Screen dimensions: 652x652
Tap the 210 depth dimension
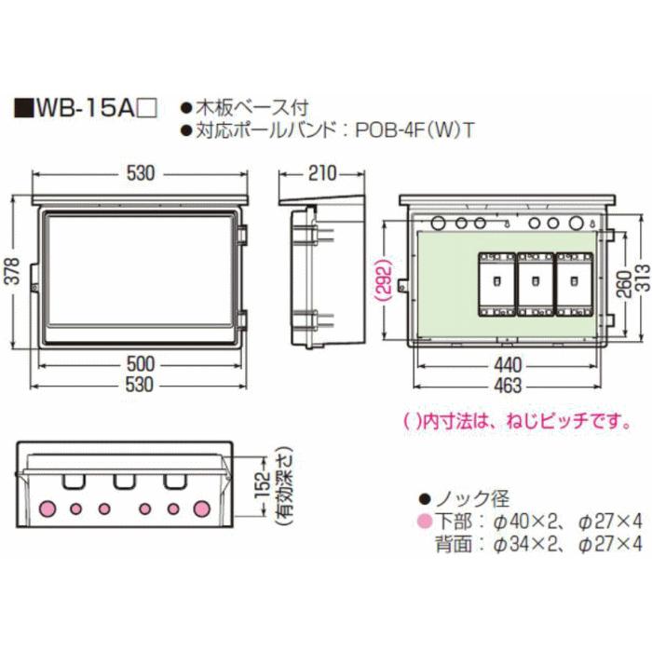[x=321, y=174]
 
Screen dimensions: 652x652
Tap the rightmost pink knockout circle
[x=200, y=509]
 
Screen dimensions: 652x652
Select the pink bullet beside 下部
[x=424, y=520]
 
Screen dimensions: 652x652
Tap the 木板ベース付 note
[x=250, y=108]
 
